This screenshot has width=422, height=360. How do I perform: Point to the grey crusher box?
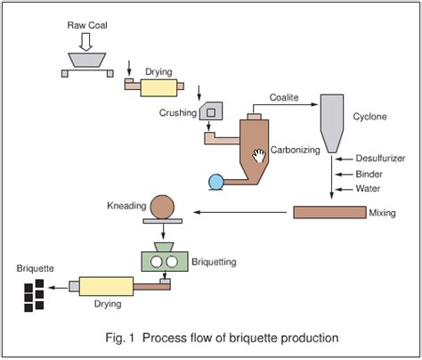pyautogui.click(x=212, y=111)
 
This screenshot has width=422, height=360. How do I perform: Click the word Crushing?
pyautogui.click(x=179, y=113)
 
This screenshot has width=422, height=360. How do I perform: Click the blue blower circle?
pyautogui.click(x=216, y=182)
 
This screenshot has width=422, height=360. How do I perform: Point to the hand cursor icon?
pyautogui.click(x=259, y=156)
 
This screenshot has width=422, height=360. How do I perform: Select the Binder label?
pyautogui.click(x=369, y=174)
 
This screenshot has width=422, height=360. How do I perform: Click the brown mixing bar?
pyautogui.click(x=329, y=212)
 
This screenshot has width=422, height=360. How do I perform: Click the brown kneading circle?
pyautogui.click(x=162, y=207)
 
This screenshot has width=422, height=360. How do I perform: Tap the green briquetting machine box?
pyautogui.click(x=162, y=262)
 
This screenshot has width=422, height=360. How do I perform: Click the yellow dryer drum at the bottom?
pyautogui.click(x=105, y=286)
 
